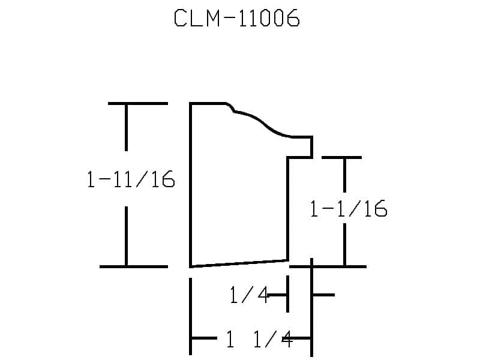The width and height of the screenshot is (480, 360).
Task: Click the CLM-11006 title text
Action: click(x=236, y=18)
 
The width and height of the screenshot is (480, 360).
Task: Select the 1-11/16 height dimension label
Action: click(x=131, y=179)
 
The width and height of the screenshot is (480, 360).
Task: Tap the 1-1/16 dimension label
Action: click(x=349, y=209)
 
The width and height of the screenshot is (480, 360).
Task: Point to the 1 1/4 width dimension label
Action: click(x=259, y=339)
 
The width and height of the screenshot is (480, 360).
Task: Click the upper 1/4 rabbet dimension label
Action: click(x=249, y=295)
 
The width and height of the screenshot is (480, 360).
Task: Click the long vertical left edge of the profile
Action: click(x=190, y=185)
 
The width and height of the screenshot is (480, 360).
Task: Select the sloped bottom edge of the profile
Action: click(x=239, y=263)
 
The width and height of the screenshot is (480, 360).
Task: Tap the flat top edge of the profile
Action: click(x=208, y=103)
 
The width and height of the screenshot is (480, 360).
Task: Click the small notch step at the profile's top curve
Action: click(x=231, y=107)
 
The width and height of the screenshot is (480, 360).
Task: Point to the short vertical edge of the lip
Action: click(x=311, y=147)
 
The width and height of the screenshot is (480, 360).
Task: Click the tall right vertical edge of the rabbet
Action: click(x=288, y=209)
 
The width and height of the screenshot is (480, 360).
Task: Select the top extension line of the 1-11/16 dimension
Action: click(x=138, y=103)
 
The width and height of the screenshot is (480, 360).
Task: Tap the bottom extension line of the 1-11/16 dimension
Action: click(x=134, y=266)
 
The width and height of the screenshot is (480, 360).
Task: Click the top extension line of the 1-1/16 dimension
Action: click(x=341, y=158)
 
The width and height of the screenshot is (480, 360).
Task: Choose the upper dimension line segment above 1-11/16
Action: click(x=126, y=127)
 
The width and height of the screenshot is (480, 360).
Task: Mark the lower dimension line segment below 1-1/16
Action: click(x=344, y=244)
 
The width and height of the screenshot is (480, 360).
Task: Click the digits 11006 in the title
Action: click(x=268, y=18)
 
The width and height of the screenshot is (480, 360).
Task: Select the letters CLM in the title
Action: click(x=197, y=18)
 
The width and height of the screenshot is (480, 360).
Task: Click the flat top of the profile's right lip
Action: click(x=302, y=137)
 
